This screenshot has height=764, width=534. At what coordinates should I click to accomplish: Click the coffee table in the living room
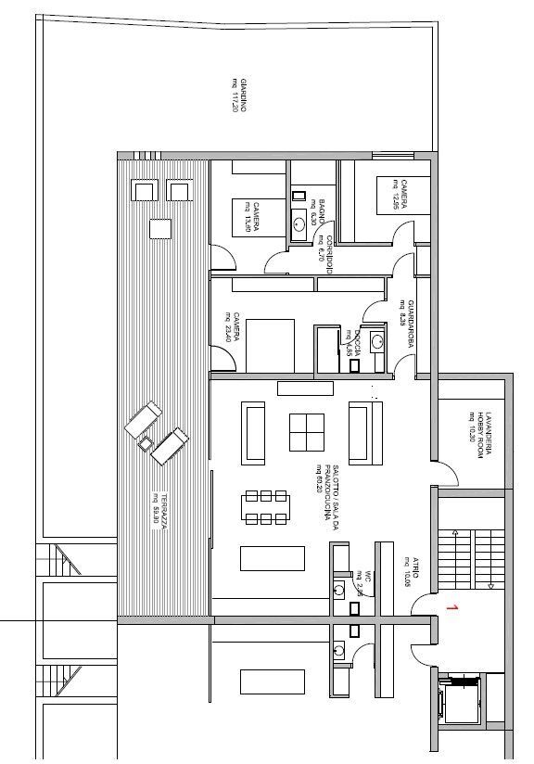coord(307,432)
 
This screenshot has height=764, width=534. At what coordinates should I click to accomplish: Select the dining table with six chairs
coord(266,506)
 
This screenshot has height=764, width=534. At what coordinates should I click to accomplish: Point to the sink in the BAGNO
coord(299,222)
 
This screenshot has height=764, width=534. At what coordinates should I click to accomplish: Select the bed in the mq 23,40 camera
coord(269,341)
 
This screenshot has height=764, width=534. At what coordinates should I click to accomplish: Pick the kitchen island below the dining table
coord(272,558)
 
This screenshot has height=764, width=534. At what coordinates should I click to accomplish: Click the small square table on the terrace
coord(160,227)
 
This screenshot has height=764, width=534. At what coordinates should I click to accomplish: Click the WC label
coord(365,577)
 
